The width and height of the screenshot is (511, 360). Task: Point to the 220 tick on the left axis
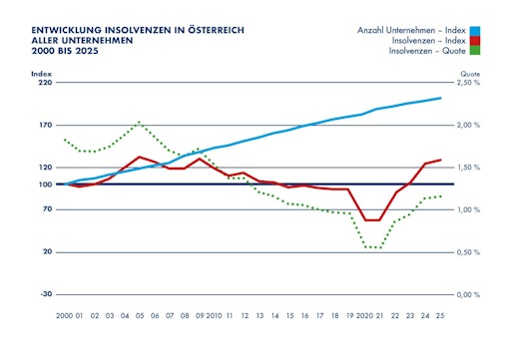[x=44, y=83]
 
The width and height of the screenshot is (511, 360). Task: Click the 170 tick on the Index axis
[x=44, y=126]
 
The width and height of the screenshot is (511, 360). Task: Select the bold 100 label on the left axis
[x=44, y=184]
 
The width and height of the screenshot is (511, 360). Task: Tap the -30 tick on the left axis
[x=45, y=294]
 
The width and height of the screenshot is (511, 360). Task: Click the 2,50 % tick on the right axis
[x=469, y=83]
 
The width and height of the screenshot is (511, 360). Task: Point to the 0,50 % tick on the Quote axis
[x=469, y=252]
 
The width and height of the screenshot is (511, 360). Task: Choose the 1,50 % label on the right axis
[x=469, y=168]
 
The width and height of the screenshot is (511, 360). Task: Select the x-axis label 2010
[x=214, y=315]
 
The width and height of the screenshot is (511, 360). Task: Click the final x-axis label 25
[x=441, y=315]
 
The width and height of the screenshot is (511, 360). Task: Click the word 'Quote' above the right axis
[x=469, y=73]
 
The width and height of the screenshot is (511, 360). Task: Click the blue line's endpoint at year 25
[x=441, y=98]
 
